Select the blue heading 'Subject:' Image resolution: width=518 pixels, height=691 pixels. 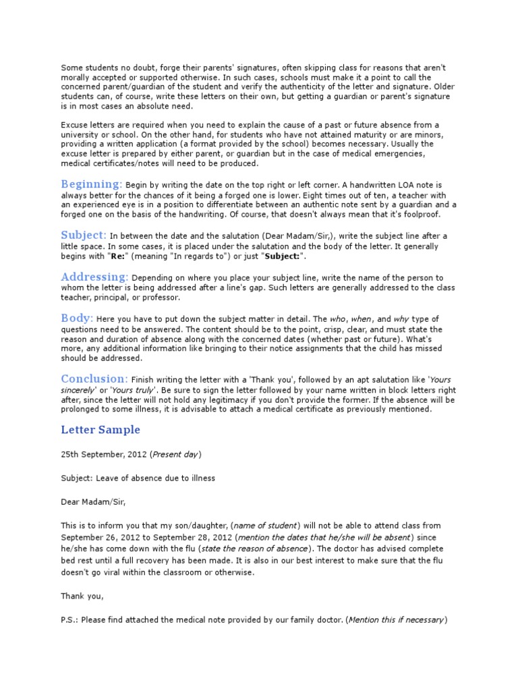click(84, 235)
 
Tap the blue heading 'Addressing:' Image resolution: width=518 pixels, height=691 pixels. click(94, 277)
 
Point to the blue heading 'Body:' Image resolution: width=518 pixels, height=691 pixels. click(77, 318)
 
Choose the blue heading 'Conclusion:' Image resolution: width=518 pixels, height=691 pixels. click(94, 379)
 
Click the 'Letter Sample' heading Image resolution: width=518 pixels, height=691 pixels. click(100, 430)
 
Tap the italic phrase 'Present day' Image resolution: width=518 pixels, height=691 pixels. click(175, 454)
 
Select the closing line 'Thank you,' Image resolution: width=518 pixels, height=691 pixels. click(82, 596)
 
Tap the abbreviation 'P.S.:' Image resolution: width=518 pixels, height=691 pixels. click(71, 620)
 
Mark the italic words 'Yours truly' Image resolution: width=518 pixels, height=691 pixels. click(135, 389)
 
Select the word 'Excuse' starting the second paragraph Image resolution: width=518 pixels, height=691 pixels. click(75, 125)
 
